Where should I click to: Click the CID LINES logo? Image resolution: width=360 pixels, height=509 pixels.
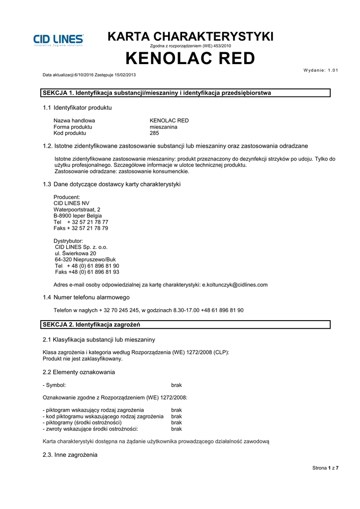[59, 40]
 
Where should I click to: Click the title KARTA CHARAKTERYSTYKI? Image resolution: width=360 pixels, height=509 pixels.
[190, 36]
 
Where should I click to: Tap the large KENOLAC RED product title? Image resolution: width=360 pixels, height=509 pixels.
[190, 59]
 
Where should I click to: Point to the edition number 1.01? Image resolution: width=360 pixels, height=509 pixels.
[330, 70]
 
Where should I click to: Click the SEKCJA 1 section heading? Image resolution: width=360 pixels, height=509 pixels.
[157, 93]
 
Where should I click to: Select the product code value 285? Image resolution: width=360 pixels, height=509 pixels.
[154, 133]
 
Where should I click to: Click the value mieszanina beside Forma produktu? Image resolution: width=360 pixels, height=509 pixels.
[163, 127]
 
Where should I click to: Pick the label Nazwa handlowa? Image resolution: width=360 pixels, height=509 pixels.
[74, 120]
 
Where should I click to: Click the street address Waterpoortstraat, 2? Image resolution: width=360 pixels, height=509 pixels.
[77, 210]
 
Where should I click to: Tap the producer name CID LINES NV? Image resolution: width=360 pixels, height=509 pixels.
[72, 203]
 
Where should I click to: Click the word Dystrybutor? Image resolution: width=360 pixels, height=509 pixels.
[68, 241]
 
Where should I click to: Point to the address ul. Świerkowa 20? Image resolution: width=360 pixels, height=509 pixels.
[75, 254]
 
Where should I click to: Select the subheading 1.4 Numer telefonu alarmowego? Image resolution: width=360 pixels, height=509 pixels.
[86, 297]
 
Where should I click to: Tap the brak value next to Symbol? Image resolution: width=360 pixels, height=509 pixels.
[177, 385]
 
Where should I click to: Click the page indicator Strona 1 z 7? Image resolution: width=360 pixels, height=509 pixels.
[325, 468]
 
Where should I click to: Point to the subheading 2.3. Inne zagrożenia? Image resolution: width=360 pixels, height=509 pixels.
[70, 455]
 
